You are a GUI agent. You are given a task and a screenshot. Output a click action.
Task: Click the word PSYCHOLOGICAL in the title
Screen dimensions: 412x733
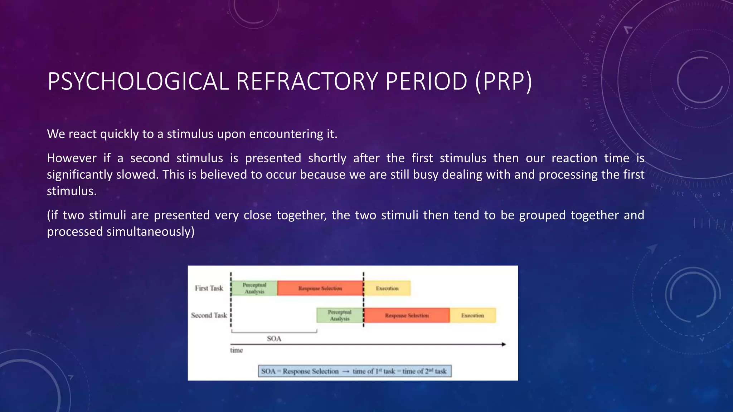click(138, 82)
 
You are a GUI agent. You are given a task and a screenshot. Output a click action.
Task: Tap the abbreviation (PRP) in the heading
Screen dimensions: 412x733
click(504, 82)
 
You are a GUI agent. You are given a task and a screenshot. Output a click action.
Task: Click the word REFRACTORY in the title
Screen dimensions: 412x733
click(307, 82)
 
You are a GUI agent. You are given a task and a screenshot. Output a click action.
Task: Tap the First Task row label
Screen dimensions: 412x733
click(209, 288)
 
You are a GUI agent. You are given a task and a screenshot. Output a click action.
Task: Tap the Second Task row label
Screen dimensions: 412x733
click(209, 315)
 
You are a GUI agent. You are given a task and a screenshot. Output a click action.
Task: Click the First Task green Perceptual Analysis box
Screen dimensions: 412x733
click(254, 288)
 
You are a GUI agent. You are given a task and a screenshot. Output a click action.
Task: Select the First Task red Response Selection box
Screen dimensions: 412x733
click(320, 288)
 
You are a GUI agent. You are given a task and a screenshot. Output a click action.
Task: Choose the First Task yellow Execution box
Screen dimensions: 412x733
click(387, 288)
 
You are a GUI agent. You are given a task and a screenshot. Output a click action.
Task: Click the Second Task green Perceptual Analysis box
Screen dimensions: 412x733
click(340, 315)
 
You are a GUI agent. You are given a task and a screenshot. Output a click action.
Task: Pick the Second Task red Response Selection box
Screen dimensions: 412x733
click(407, 315)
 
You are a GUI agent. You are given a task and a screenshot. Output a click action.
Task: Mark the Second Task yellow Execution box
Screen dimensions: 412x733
click(472, 315)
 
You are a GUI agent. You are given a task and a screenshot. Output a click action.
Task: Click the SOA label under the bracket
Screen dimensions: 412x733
click(274, 339)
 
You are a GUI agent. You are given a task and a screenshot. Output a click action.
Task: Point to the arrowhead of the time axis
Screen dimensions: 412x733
click(504, 344)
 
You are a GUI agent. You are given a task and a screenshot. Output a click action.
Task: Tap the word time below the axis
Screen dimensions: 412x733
click(237, 350)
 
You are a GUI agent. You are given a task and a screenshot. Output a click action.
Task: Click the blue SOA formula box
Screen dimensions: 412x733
click(355, 371)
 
